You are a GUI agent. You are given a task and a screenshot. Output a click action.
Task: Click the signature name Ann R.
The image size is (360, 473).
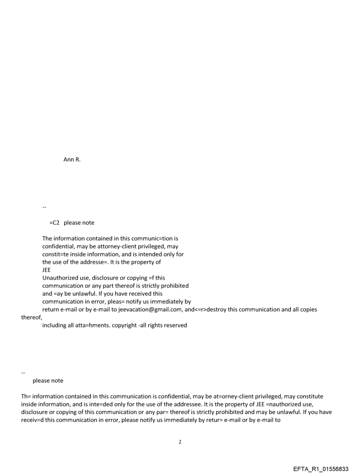point(72,160)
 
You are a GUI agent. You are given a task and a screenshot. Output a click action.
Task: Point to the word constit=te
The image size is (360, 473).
point(56,254)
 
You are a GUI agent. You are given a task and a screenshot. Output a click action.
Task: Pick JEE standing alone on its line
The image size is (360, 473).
point(46,270)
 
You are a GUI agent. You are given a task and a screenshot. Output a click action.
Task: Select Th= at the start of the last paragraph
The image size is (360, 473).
point(26,396)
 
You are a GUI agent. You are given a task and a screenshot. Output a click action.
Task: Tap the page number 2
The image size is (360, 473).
point(180,442)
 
